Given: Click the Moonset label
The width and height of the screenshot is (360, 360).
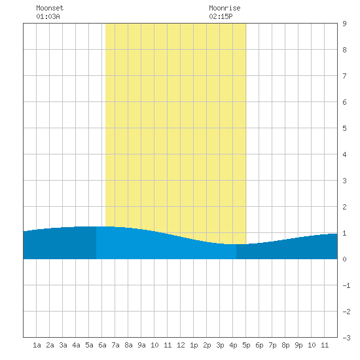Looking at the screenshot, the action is tap(50, 8).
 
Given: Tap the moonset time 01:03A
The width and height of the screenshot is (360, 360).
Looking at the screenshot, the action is tap(48, 16).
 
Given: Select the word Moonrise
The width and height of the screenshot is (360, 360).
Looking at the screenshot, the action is tap(225, 8).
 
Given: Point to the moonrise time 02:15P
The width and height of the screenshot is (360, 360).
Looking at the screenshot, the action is tap(221, 16).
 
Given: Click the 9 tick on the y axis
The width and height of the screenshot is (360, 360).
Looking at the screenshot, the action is tap(344, 24).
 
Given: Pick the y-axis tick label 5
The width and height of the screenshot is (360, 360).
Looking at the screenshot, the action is tap(344, 128).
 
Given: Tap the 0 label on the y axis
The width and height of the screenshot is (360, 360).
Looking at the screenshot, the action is tap(344, 259).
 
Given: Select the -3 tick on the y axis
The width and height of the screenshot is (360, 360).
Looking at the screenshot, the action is tap(346, 338).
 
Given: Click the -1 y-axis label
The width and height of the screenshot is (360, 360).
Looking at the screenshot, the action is tap(346, 285).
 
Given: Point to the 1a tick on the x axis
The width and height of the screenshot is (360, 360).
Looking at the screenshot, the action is tap(37, 345).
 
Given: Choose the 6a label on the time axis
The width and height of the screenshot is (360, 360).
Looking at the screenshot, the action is tap(102, 345).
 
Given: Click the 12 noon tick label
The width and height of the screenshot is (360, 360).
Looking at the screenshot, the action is tap(181, 345).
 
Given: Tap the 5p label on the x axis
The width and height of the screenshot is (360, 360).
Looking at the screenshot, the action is tap(246, 345).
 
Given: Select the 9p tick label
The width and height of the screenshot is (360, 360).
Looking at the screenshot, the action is tap(298, 345).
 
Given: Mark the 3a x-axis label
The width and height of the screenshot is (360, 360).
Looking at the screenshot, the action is tap(63, 345).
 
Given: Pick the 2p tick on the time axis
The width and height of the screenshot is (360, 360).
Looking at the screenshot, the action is tap(207, 345).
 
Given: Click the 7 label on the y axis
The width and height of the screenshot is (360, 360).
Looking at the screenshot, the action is tap(344, 76).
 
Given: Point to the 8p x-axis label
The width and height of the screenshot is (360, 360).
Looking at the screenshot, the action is tap(285, 345).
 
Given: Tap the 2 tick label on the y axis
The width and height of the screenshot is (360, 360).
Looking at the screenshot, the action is tap(344, 207).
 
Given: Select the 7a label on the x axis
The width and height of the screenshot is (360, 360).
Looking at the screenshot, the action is tap(115, 345).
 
